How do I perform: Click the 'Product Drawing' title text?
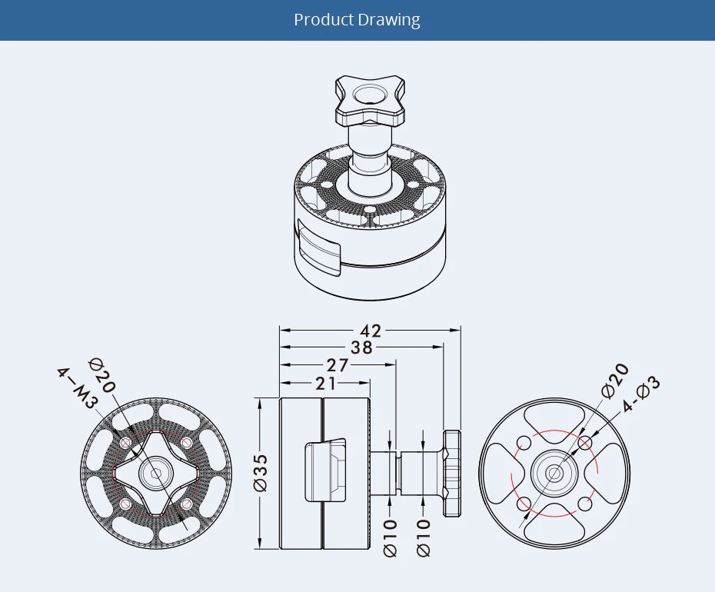pos(357,19)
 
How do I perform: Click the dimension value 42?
pos(371,331)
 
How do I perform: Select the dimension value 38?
pos(361,348)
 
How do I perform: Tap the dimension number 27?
pos(338,365)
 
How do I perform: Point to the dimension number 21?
pos(325,382)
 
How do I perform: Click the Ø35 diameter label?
pos(261,473)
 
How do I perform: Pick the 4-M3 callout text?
pos(77,388)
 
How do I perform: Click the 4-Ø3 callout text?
pos(640,393)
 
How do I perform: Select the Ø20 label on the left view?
pos(101,375)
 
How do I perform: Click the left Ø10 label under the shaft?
pos(390,538)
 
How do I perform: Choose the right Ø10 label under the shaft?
pos(424,538)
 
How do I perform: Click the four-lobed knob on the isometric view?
pos(370,102)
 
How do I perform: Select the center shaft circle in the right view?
pos(552,474)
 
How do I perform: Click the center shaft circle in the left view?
pos(156,473)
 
